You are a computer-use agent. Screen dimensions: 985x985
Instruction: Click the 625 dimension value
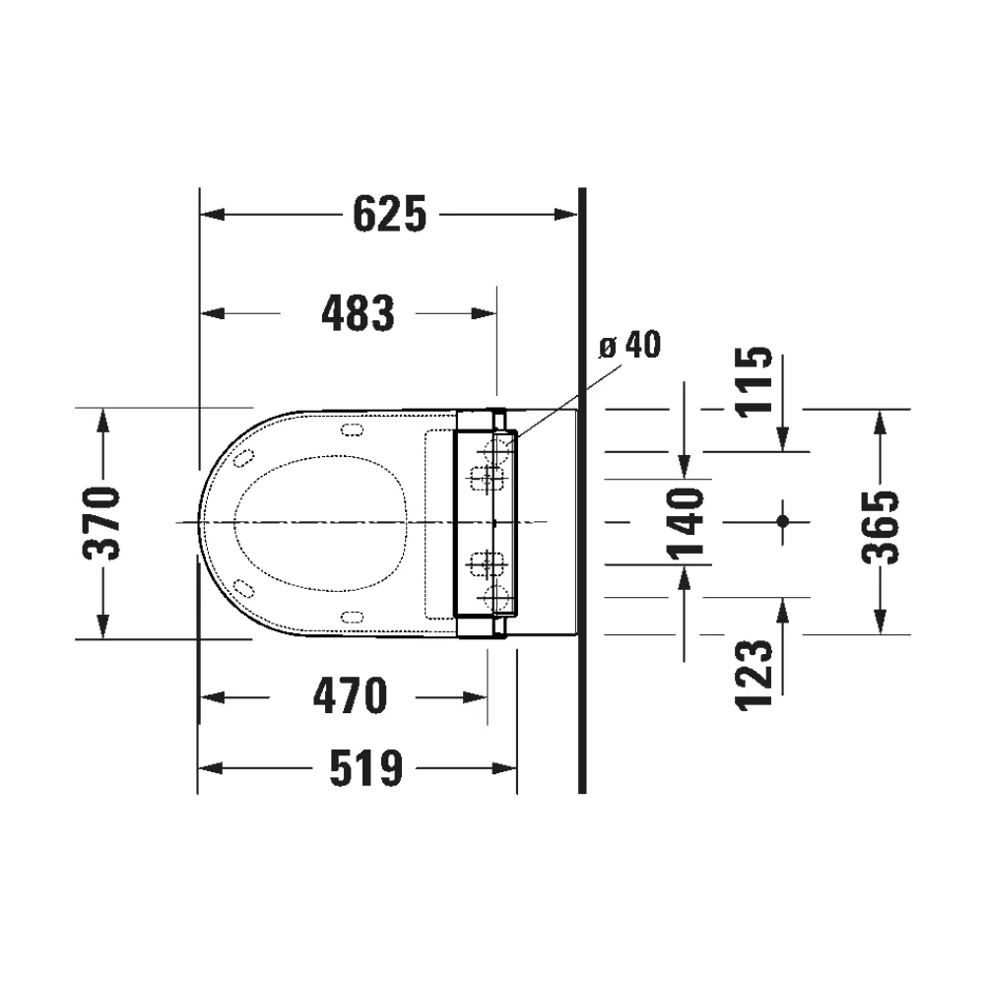[390, 214]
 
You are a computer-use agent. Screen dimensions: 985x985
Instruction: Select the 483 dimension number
[359, 313]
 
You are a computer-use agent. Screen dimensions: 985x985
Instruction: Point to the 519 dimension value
[365, 768]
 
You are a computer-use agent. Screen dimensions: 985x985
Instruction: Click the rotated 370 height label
[101, 522]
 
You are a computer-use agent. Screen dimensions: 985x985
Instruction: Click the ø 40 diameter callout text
[629, 346]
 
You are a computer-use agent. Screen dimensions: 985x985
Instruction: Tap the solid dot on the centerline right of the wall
[783, 520]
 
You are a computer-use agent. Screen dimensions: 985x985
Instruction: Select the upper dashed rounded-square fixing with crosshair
[486, 479]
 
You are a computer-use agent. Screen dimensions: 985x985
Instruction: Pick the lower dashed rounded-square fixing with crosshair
[486, 564]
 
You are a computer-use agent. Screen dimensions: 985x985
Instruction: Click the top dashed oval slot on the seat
[351, 428]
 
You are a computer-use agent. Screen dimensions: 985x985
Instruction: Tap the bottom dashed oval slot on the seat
[351, 616]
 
